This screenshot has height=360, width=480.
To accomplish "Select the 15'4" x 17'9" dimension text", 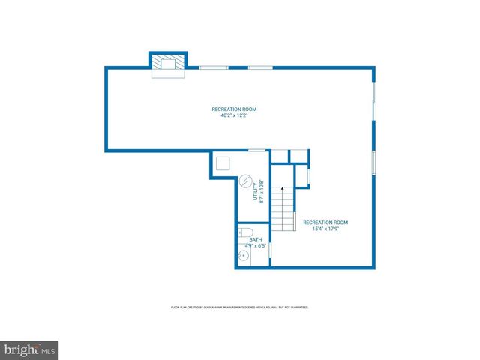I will [325, 229].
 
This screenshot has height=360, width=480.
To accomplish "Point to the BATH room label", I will [245, 240].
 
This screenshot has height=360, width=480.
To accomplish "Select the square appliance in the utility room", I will [223, 164].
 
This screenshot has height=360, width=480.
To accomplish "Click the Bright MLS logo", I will [29, 349].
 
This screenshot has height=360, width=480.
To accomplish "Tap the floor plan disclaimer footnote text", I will [240, 307].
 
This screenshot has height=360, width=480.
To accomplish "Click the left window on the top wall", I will [214, 67].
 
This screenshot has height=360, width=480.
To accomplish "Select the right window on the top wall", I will [260, 67].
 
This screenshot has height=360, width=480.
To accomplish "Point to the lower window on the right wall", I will [373, 163].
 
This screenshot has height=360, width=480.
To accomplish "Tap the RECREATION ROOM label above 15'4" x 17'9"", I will [325, 223].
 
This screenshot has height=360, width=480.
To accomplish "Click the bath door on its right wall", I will [270, 250].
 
